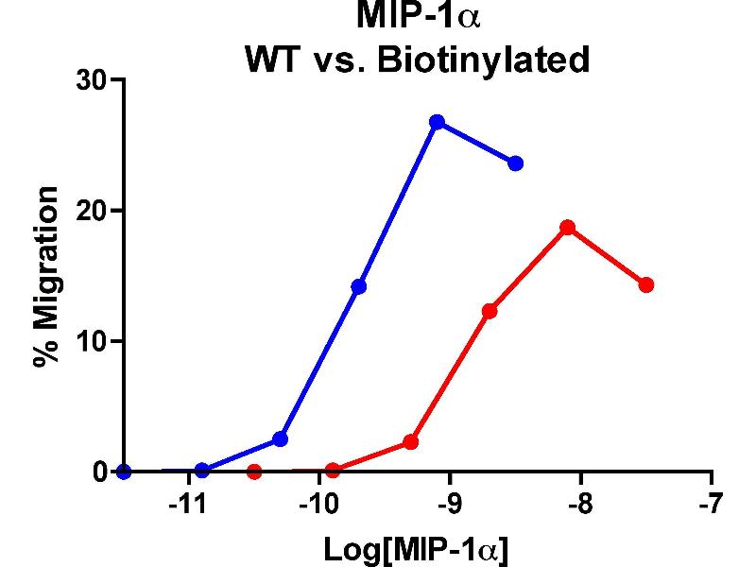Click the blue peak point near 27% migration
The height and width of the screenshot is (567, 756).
coord(437,122)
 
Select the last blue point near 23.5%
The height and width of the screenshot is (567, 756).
coord(515,163)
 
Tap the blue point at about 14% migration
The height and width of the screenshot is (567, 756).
coord(358,286)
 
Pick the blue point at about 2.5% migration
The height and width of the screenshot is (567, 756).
coord(280,438)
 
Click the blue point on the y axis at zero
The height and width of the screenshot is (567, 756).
coord(123,472)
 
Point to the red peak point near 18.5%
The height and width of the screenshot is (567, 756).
coord(567,228)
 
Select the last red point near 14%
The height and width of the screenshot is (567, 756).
coord(646,284)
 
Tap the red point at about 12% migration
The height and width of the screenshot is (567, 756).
coord(490,311)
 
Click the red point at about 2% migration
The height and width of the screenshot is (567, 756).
coord(411,441)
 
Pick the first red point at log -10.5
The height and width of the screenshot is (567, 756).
coord(253,472)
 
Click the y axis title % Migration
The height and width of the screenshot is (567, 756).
coord(44,276)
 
